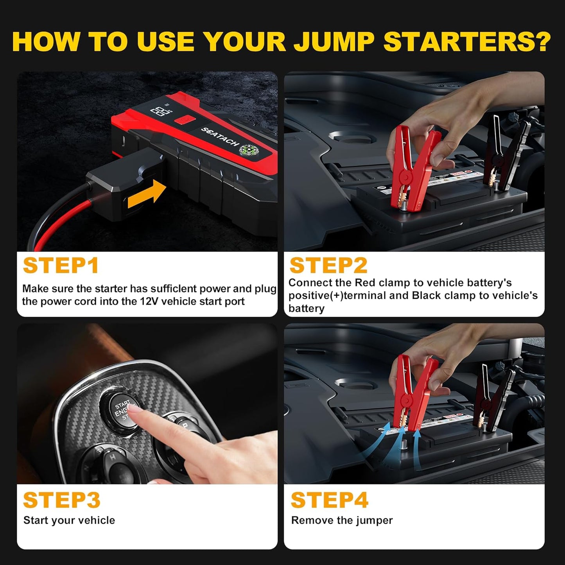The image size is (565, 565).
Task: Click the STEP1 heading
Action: pos(61,266)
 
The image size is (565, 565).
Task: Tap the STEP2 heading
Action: pos(328,265)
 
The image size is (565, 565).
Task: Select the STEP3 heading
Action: pos(62,500)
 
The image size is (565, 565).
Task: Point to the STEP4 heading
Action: pos(329,500)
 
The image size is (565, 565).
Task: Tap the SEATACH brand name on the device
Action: pos(220,137)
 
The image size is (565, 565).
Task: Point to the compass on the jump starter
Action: pos(248,150)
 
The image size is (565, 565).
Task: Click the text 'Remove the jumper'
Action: pos(342,520)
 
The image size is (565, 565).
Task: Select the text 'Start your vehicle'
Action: pos(69,520)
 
